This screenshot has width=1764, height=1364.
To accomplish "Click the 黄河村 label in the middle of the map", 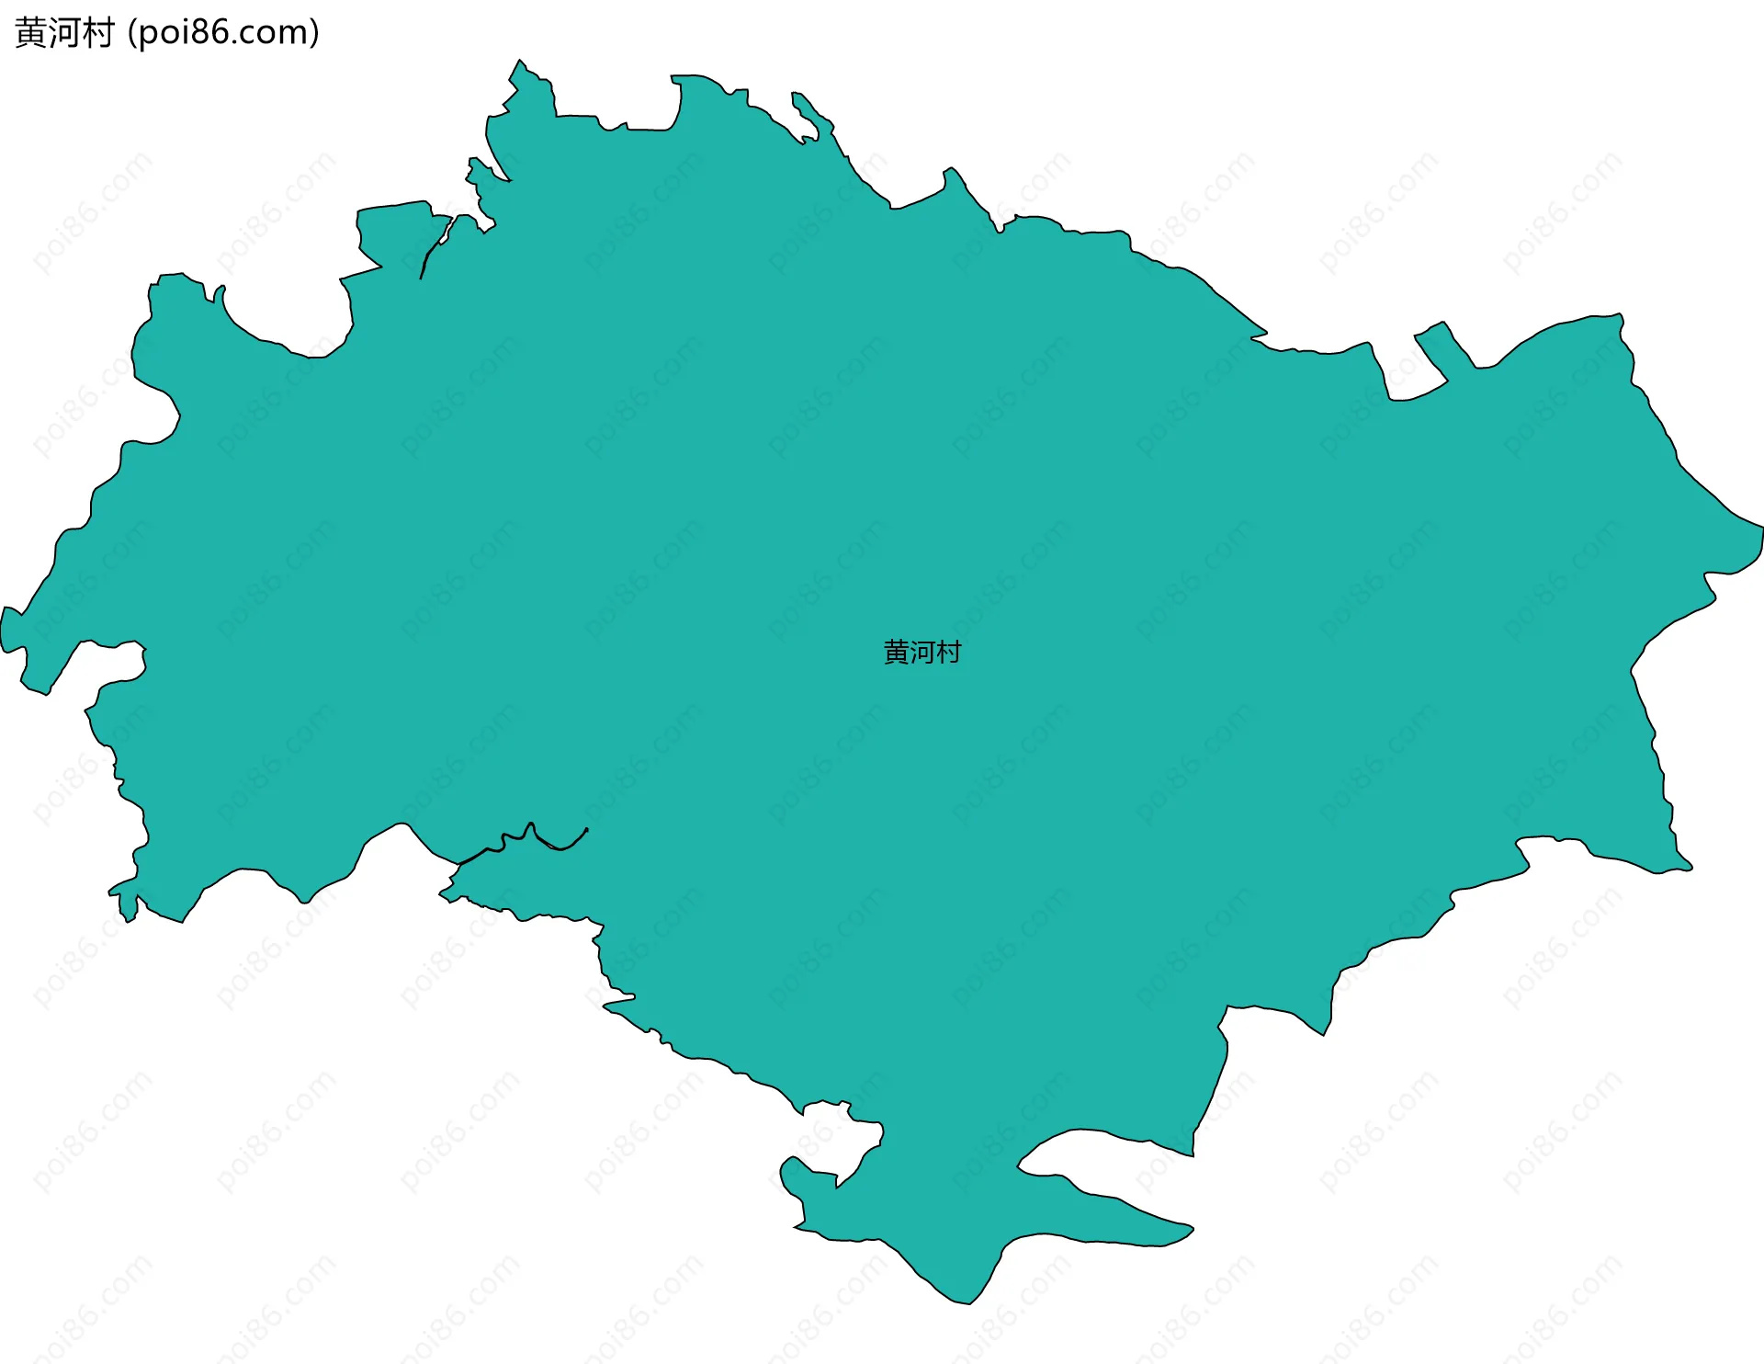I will [922, 652].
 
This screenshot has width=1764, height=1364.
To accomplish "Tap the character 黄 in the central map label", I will [896, 652].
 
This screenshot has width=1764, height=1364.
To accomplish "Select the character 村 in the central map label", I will [948, 652].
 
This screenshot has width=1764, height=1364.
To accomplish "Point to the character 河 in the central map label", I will [922, 652].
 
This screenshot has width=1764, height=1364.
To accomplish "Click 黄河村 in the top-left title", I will [64, 33].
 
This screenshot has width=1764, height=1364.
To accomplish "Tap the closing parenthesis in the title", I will [315, 33].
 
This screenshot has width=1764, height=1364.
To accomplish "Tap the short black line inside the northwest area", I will [431, 248].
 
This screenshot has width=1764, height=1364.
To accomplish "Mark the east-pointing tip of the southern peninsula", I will [1191, 1228].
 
